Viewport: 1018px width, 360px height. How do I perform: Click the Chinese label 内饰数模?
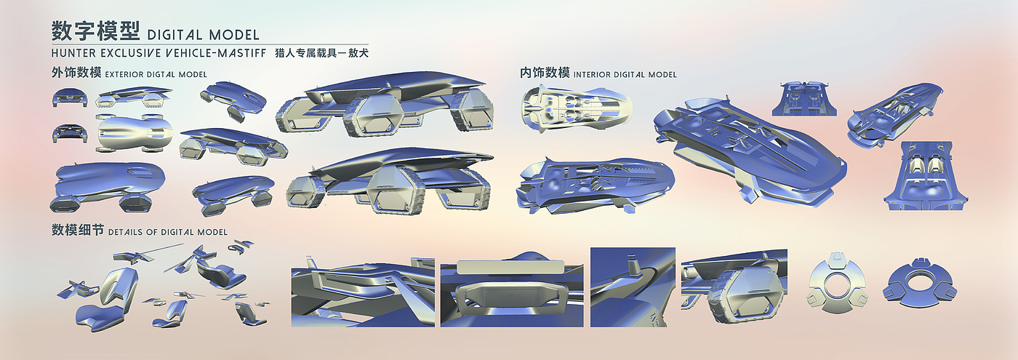pyautogui.click(x=545, y=73)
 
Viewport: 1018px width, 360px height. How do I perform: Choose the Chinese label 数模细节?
pyautogui.click(x=77, y=231)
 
